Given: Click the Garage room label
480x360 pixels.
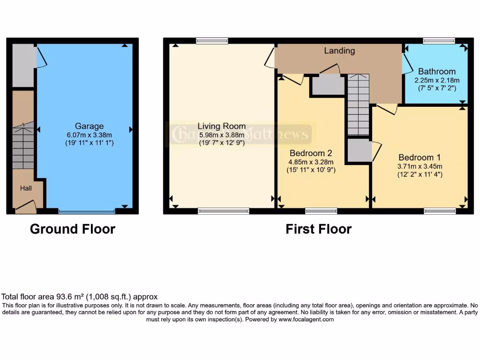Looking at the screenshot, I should [x=89, y=126].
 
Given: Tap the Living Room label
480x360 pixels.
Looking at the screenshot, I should [x=221, y=126].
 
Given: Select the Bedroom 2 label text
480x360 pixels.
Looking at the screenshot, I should [x=311, y=153].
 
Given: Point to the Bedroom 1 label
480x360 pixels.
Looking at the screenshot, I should [x=419, y=157].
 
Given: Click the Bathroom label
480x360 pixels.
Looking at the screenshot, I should [x=436, y=72].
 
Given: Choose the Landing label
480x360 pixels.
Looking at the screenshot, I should [x=339, y=51].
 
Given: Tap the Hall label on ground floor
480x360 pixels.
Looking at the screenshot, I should [x=25, y=188].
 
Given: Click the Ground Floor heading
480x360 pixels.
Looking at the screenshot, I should [x=72, y=229].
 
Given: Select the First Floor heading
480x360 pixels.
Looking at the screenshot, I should [x=318, y=229].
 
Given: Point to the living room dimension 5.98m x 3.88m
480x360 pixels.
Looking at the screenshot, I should [x=221, y=135].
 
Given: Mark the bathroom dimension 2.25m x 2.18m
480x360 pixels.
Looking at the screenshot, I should [x=436, y=80].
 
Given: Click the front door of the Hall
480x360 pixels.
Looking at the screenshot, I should [x=25, y=206].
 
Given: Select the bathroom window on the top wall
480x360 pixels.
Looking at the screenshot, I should [x=439, y=41].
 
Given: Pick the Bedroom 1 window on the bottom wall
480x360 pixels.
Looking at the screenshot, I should [x=440, y=211].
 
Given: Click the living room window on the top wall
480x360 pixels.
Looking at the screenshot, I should [x=212, y=41].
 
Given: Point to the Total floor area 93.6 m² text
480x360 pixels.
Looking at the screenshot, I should [x=80, y=297].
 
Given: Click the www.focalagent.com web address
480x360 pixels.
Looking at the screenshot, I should [x=306, y=319].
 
